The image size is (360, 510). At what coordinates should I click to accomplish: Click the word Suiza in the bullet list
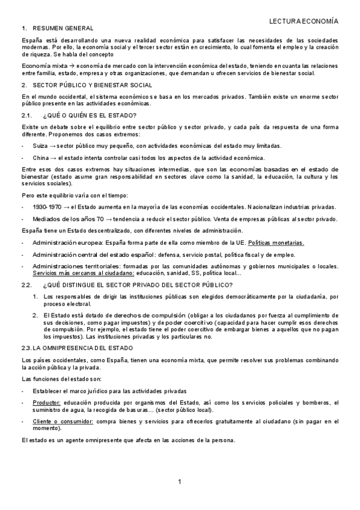tap(41, 146)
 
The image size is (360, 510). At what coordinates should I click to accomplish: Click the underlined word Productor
tap(46, 402)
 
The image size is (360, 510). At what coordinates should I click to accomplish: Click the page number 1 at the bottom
tap(179, 482)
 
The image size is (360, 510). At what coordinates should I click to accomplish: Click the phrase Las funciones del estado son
tap(61, 379)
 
